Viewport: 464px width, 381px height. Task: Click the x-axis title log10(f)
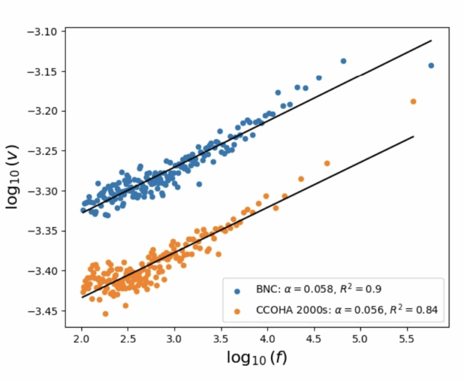pos(257,358)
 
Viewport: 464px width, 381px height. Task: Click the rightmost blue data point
pos(431,65)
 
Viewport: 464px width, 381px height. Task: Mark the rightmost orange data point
pos(413,101)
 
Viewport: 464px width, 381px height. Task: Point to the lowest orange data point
pos(106,313)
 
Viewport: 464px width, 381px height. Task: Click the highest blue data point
pos(343,61)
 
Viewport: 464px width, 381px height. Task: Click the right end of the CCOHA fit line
pos(414,136)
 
